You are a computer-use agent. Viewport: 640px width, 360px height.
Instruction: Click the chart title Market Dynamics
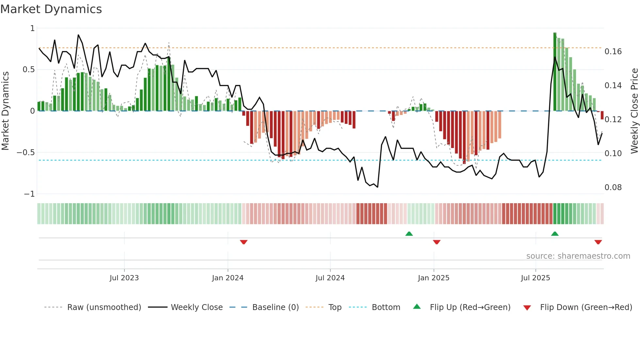pyautogui.click(x=51, y=9)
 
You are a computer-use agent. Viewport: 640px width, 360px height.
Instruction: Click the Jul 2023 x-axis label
pyautogui.click(x=124, y=278)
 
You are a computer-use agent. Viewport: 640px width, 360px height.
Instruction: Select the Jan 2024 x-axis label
pyautogui.click(x=228, y=278)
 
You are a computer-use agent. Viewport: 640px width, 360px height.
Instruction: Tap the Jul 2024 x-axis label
pyautogui.click(x=330, y=278)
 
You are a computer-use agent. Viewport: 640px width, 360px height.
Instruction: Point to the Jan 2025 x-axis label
pyautogui.click(x=433, y=278)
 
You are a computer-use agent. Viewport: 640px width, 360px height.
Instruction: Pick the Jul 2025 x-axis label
pyautogui.click(x=535, y=278)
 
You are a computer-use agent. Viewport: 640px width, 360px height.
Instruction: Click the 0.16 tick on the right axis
pyautogui.click(x=613, y=52)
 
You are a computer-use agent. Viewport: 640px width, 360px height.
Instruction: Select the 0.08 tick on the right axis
pyautogui.click(x=613, y=188)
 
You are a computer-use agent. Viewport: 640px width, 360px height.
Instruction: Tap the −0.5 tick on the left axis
pyautogui.click(x=25, y=153)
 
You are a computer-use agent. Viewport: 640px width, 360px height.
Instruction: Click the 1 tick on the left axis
pyautogui.click(x=32, y=28)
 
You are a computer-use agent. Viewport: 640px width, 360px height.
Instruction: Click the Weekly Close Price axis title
pyautogui.click(x=634, y=111)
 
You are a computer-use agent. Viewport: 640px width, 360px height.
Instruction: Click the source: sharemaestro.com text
pyautogui.click(x=578, y=256)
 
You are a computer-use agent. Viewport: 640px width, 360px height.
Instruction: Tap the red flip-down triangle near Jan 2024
pyautogui.click(x=244, y=242)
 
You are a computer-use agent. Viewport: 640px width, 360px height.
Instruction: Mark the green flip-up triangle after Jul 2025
pyautogui.click(x=555, y=234)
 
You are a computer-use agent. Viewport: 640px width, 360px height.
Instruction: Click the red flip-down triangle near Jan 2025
pyautogui.click(x=437, y=242)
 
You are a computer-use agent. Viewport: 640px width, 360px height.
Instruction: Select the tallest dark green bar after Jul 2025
pyautogui.click(x=555, y=72)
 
